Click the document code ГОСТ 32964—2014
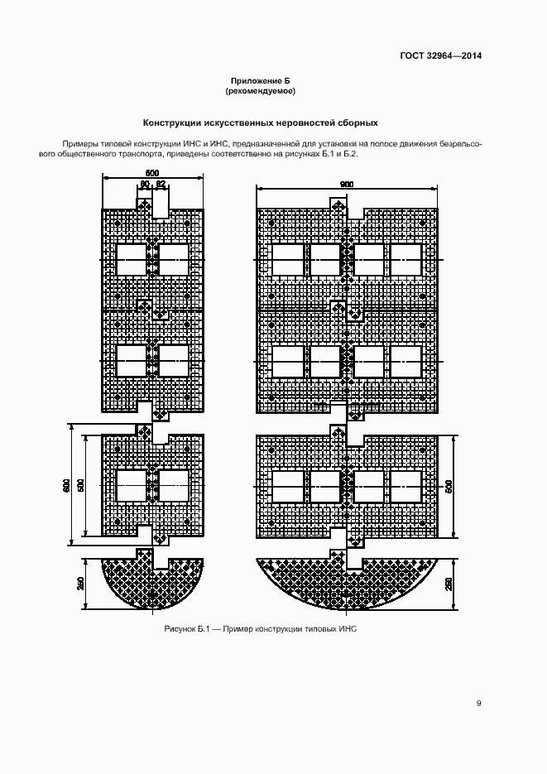point(440,55)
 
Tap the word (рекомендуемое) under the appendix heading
point(260,91)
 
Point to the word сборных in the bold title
point(357,123)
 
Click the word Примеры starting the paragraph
point(78,144)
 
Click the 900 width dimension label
point(347,185)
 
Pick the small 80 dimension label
point(145,185)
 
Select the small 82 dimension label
point(161,185)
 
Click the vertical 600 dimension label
point(66,485)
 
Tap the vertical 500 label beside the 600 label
point(80,485)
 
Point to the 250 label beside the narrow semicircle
point(81,584)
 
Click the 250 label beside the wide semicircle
point(449,584)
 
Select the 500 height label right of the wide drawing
point(449,486)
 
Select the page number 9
point(478,704)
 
